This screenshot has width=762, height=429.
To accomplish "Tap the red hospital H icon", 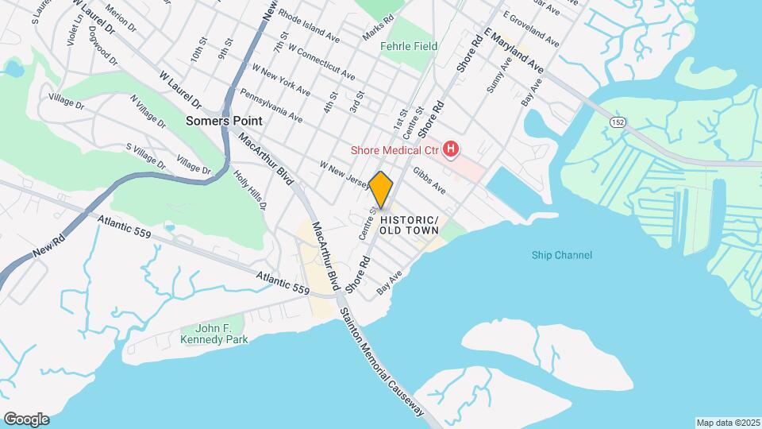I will click(451, 149).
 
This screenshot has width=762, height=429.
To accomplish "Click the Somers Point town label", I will click(217, 122).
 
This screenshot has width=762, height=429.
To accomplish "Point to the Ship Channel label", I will click(562, 255).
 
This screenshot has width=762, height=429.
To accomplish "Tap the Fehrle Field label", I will click(409, 47).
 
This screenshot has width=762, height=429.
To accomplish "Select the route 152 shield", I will click(618, 120).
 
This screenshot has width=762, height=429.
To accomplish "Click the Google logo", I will click(26, 419).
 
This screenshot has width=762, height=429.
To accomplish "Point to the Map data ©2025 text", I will click(727, 422).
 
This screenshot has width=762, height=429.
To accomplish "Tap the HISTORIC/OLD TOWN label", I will click(409, 225).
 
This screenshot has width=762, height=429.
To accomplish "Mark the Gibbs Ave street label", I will click(429, 182).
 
